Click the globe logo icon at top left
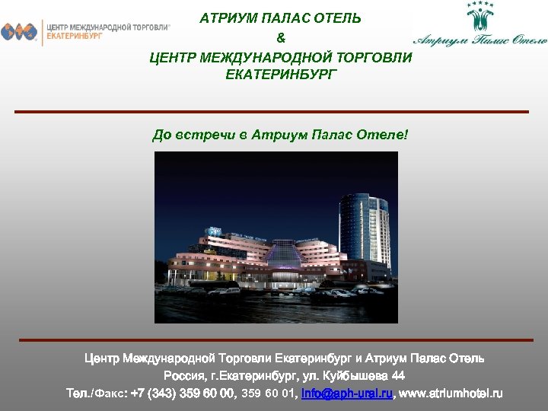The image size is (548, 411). (19, 32)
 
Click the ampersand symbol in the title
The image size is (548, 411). (281, 37)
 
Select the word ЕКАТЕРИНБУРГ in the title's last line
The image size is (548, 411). (281, 75)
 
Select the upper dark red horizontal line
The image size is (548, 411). (272, 112)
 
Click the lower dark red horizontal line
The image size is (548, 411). (276, 339)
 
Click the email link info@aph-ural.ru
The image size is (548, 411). (347, 394)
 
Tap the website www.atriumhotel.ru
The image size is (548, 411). (451, 394)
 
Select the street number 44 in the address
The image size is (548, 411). (397, 376)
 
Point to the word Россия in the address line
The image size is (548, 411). (183, 376)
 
